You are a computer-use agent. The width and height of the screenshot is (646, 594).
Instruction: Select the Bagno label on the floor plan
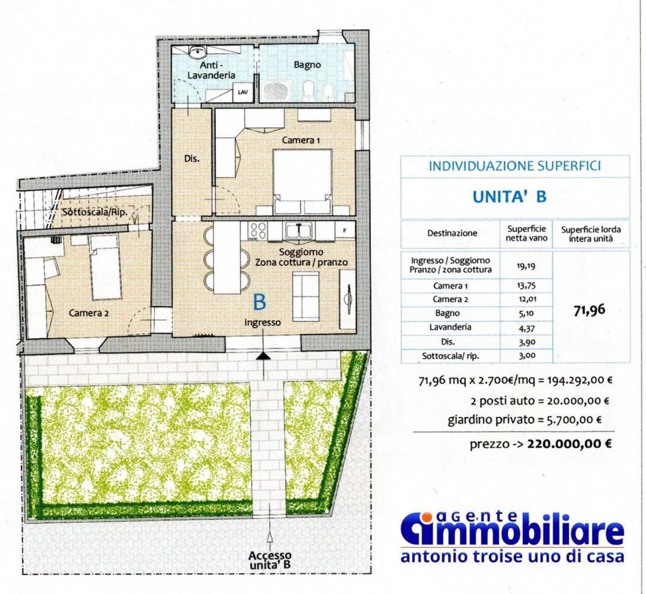307,64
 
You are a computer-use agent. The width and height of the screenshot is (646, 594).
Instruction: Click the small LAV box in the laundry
242,93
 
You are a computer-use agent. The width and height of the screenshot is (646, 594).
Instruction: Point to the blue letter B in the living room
260,302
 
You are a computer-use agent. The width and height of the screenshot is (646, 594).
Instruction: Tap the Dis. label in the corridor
191,159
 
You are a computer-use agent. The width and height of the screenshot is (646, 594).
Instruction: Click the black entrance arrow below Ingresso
262,355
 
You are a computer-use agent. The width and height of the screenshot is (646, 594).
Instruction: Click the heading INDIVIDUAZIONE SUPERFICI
515,166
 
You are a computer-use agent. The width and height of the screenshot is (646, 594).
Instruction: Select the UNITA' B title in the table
509,197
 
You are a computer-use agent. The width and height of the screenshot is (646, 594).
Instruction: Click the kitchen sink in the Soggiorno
296,230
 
